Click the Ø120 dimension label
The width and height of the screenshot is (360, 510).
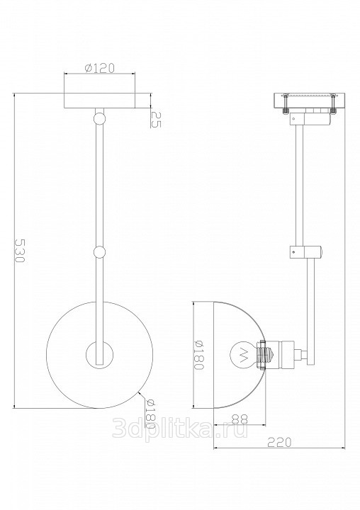pos(99,68)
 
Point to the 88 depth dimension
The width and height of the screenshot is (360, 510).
pos(240,419)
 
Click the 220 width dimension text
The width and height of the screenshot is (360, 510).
pos(279,442)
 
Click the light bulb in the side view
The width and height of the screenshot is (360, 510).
pos(244,354)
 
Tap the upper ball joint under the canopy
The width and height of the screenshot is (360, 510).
pos(99,118)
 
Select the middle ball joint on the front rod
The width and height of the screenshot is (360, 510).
pos(99,252)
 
